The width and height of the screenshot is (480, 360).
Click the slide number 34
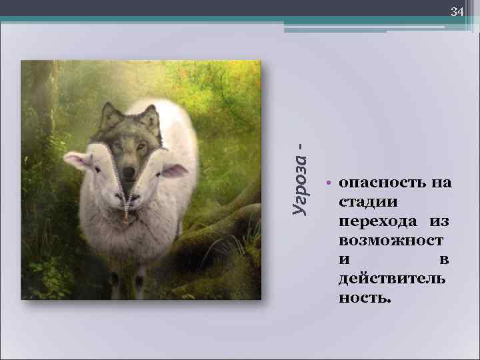[x=457, y=12]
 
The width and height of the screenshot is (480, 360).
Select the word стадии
[x=368, y=201]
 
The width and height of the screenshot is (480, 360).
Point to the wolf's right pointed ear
[x=153, y=115]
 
